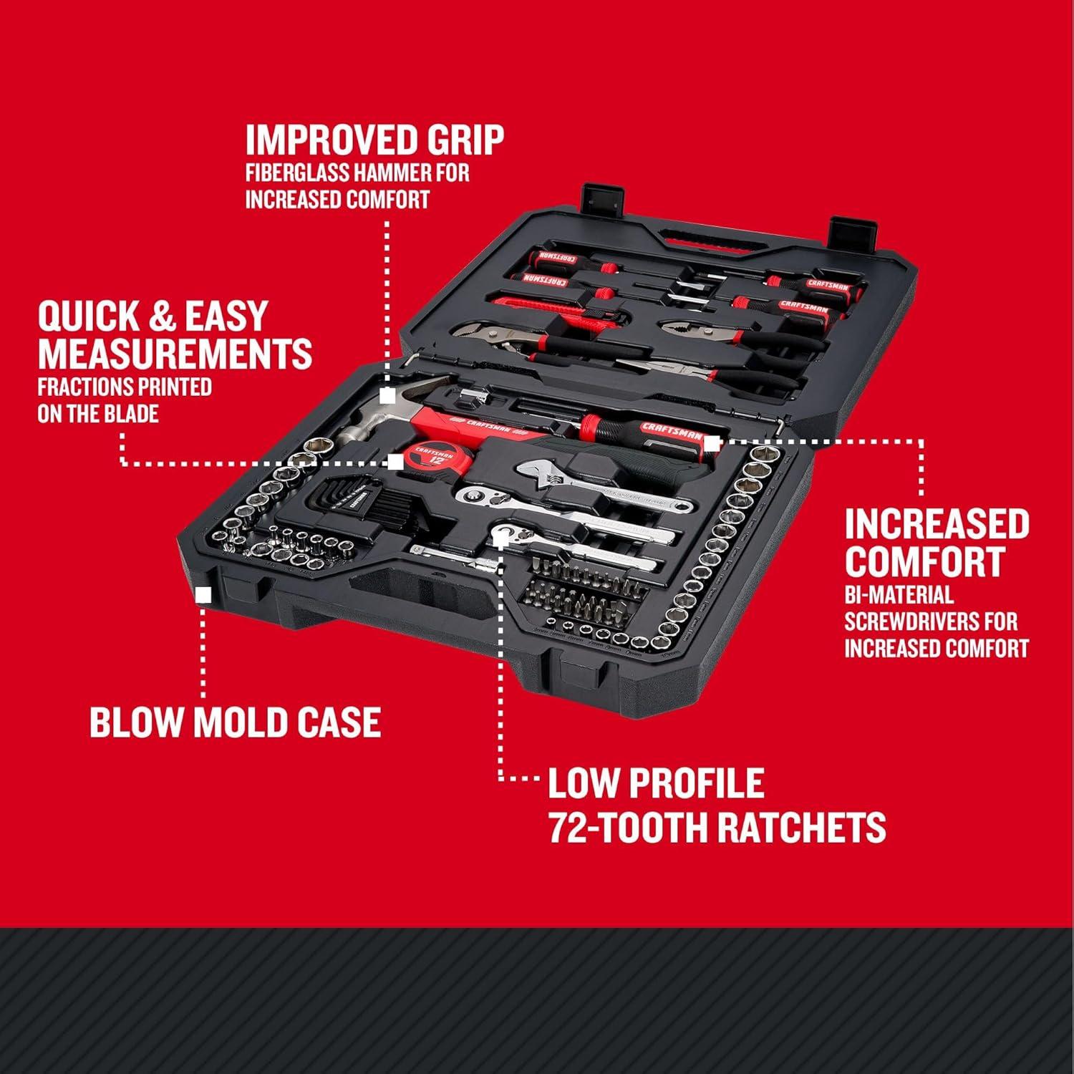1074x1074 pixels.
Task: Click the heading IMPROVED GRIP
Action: [374, 140]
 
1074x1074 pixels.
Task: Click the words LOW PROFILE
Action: [656, 783]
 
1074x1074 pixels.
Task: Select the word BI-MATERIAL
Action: [899, 594]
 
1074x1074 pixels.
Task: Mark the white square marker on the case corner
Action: [203, 594]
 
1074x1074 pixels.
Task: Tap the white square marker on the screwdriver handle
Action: [711, 444]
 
